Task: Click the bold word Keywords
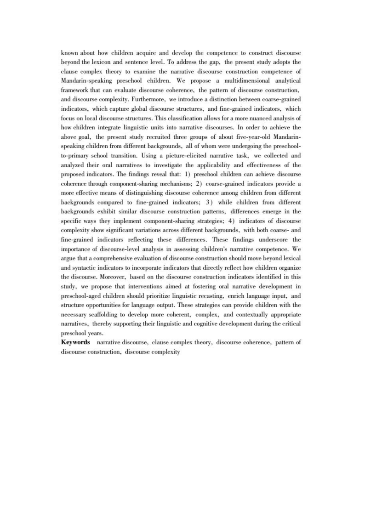click(75, 342)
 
